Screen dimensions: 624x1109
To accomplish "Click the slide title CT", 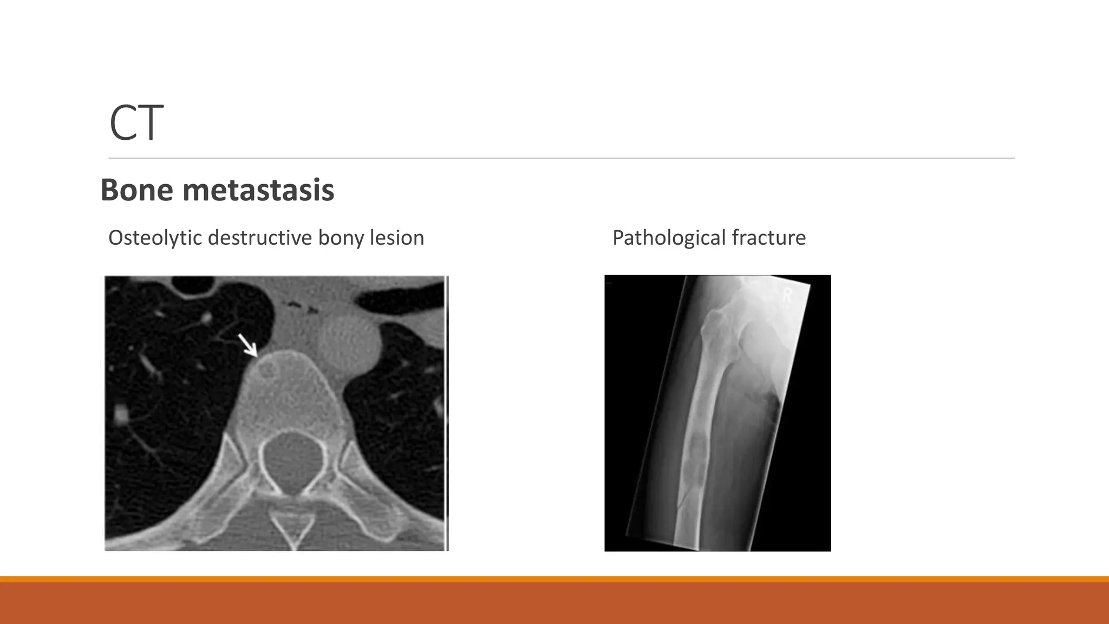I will (136, 123).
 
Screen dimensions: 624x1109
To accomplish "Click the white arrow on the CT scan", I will (248, 346).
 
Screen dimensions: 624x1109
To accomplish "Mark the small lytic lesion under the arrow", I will (268, 371).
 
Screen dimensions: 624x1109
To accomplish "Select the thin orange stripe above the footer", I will (554, 579).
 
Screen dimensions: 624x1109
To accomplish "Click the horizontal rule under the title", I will (562, 158).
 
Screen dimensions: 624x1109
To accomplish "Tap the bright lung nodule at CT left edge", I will (121, 416).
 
